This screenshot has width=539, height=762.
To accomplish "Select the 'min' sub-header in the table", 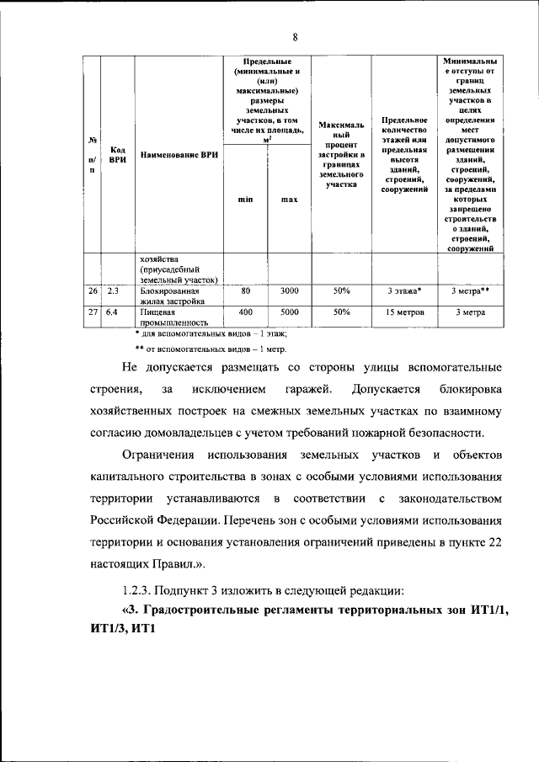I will (245, 200).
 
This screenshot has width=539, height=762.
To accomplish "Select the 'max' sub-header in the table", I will (290, 200).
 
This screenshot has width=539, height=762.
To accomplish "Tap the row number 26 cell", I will (92, 291).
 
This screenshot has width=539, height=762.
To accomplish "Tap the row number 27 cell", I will (92, 312).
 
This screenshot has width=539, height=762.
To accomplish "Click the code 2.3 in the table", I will (113, 291).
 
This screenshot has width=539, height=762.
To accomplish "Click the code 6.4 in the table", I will (113, 312).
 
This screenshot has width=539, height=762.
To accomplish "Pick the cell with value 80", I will (246, 291).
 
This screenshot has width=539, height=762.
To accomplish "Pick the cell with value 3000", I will (290, 291).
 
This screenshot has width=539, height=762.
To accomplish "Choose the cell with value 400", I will (246, 312).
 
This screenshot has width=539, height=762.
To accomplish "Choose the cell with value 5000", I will (290, 312).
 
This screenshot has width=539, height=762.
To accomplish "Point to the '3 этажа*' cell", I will (405, 291).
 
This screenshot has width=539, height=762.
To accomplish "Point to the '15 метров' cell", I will (405, 312).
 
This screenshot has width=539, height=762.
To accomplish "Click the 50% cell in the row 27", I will (341, 312).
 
